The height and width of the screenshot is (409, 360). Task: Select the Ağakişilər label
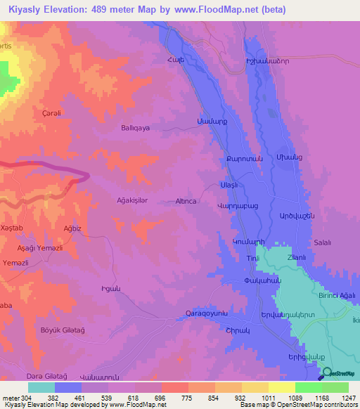click(132, 201)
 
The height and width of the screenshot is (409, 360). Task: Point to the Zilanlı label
click(297, 257)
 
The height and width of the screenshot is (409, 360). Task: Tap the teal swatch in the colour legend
click(41, 387)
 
